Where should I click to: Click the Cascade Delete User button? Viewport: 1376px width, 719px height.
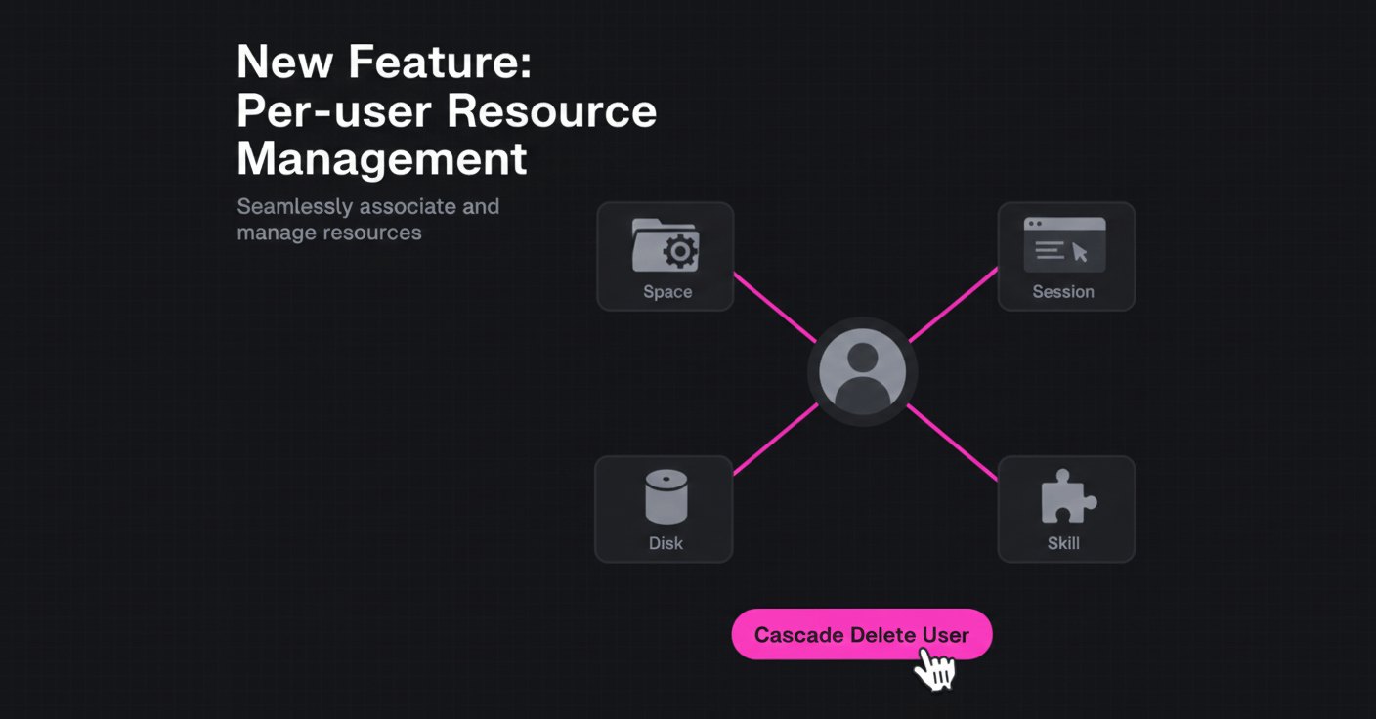861,634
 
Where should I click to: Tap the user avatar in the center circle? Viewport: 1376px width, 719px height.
862,372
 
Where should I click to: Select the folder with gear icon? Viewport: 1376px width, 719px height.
666,245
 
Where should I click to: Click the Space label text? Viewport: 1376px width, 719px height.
667,292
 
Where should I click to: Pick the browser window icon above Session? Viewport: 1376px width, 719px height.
1064,245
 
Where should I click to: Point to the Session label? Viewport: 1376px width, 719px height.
1063,292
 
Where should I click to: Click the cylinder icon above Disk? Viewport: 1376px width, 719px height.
666,497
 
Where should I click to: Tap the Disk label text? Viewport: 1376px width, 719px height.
666,543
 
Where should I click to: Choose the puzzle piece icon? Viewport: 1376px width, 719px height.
1066,497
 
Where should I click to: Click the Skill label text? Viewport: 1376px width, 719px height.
1063,543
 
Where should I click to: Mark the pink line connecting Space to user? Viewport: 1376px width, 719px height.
774,308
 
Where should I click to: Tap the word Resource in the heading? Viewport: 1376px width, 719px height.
551,110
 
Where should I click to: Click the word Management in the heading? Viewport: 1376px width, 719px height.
382,158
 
